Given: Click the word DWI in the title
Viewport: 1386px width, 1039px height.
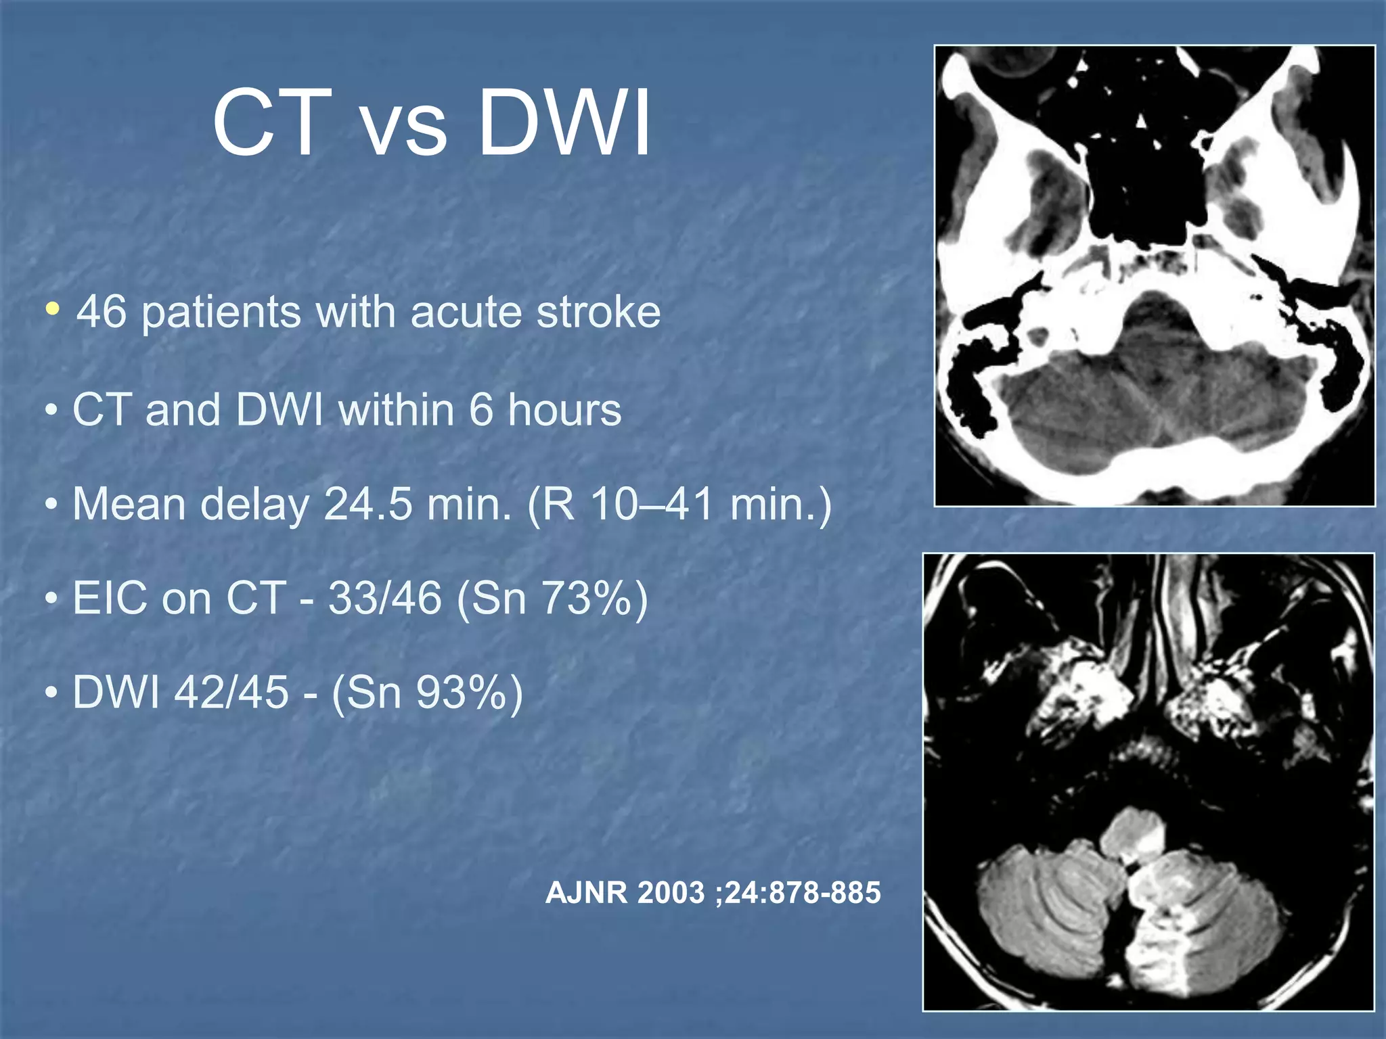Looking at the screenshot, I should [x=564, y=124].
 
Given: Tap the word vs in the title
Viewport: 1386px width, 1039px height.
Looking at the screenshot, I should [x=405, y=129].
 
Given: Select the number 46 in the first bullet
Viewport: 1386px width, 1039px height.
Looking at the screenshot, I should [x=102, y=313].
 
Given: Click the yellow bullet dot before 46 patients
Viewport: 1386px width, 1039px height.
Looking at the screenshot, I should [x=52, y=310].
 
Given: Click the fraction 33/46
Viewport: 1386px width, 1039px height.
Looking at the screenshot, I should [x=384, y=599].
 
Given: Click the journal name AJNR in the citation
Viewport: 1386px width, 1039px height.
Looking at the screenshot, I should [x=586, y=893].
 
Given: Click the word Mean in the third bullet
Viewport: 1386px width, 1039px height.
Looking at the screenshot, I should [x=128, y=505].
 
